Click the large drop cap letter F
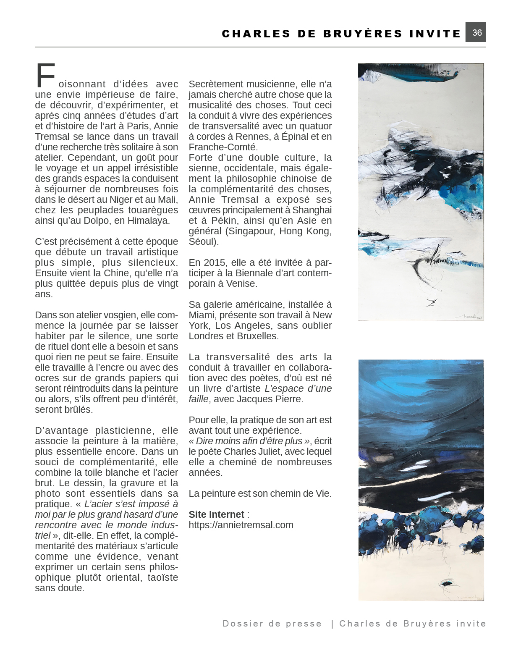click(x=45, y=76)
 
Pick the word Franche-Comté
click(x=222, y=147)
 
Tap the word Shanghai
click(x=312, y=210)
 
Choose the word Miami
click(x=202, y=315)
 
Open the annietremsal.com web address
click(x=241, y=525)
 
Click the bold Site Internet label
click(x=216, y=514)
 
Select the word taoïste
click(x=162, y=577)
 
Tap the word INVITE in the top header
click(x=435, y=34)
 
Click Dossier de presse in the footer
click(x=272, y=624)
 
